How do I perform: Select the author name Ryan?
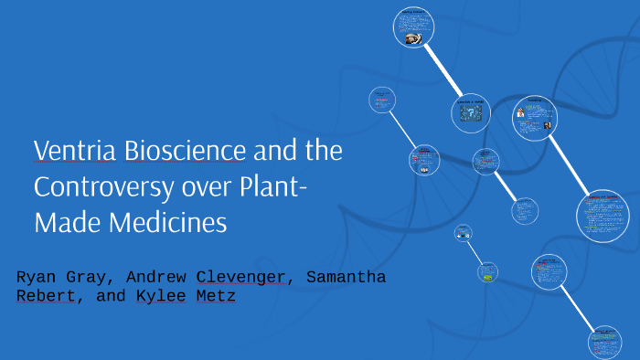pos(37,277)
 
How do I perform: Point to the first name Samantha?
pos(347,277)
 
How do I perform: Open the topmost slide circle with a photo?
pos(413,28)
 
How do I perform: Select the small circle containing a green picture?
pos(488,271)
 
